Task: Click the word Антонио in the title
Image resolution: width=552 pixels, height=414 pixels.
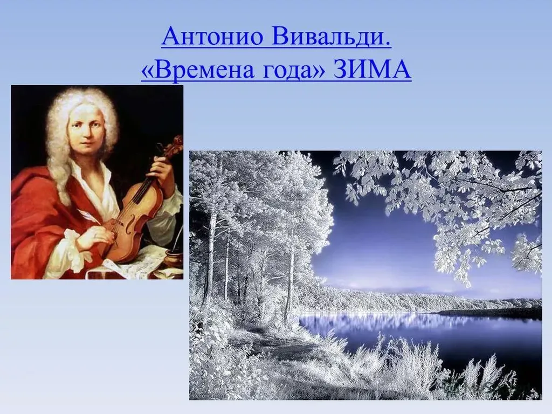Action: [212, 36]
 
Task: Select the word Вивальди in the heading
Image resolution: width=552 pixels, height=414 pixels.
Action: [332, 36]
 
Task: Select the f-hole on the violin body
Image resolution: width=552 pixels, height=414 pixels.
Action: [132, 225]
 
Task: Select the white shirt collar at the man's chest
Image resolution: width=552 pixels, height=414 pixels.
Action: [97, 183]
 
